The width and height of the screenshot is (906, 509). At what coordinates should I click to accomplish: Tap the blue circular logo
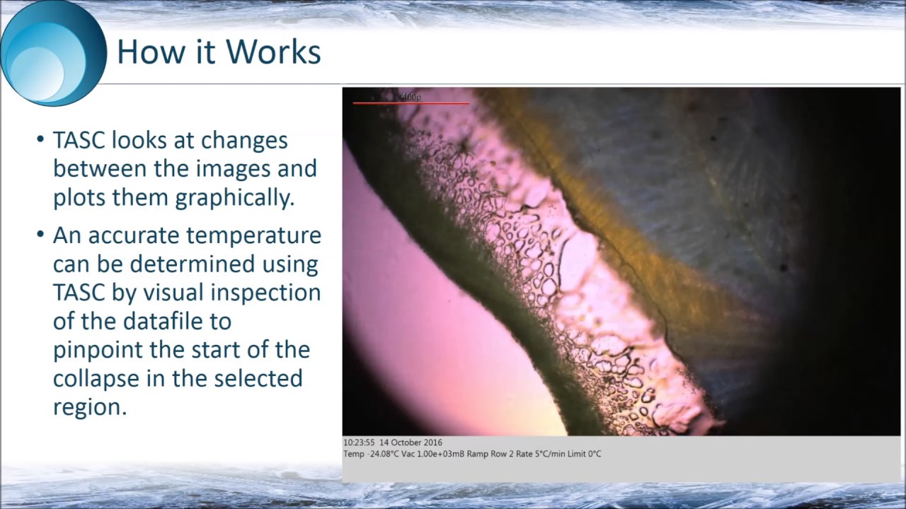(53, 54)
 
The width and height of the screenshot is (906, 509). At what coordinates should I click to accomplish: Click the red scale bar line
(411, 103)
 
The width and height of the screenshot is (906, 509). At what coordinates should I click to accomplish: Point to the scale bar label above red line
(411, 97)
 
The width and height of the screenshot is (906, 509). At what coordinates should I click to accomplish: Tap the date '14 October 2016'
(411, 443)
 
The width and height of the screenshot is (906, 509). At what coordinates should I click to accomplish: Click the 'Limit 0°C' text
(585, 454)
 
